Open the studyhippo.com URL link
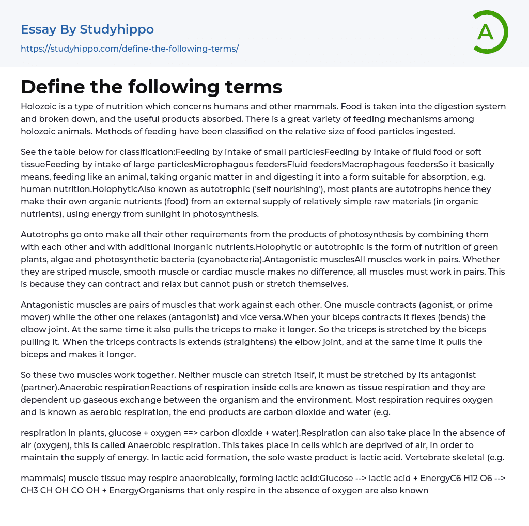(130, 49)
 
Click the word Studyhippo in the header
(117, 29)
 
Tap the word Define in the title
(50, 87)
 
